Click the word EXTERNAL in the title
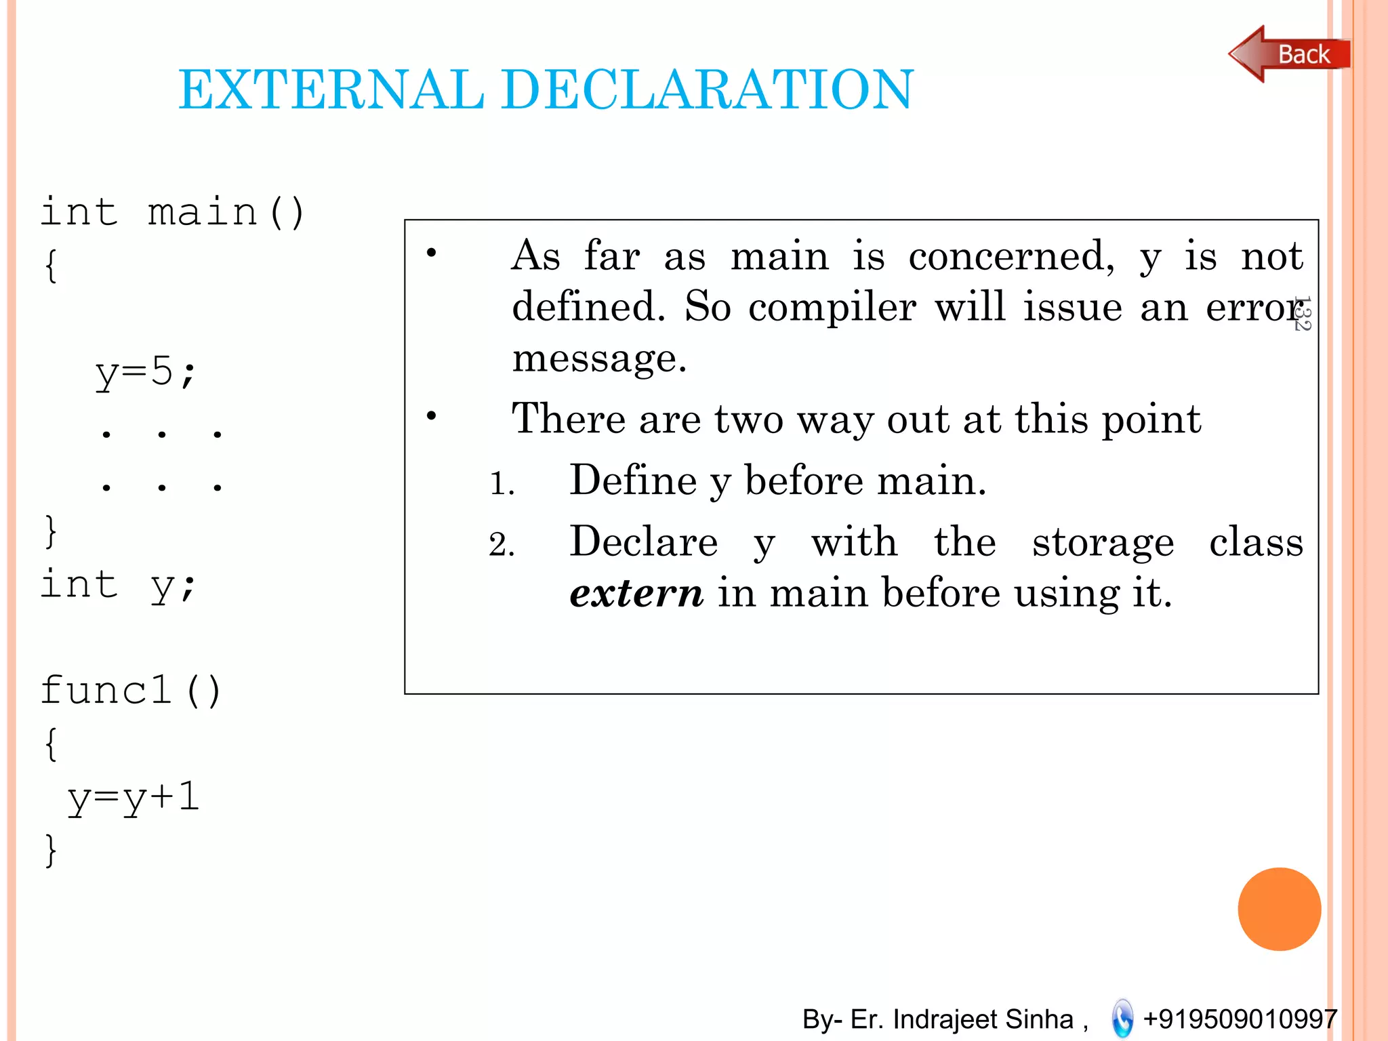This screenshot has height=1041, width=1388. (331, 89)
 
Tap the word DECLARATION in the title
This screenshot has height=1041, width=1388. (708, 89)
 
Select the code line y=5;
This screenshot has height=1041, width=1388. (146, 373)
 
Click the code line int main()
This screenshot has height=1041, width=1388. (173, 212)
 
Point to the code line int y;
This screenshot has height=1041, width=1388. (119, 585)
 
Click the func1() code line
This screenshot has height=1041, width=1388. (131, 691)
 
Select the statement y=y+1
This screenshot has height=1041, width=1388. (134, 798)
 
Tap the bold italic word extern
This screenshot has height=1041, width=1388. (636, 593)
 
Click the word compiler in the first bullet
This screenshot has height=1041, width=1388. (832, 307)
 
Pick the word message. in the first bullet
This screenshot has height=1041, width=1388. (599, 358)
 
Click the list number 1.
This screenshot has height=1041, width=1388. (502, 484)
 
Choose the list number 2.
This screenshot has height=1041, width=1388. (502, 545)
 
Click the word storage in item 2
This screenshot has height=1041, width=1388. (1103, 544)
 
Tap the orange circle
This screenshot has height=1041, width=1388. (1279, 909)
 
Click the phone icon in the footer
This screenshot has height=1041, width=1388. (1122, 1019)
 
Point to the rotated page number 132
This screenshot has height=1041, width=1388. (1302, 313)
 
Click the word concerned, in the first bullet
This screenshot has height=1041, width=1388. (1011, 257)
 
